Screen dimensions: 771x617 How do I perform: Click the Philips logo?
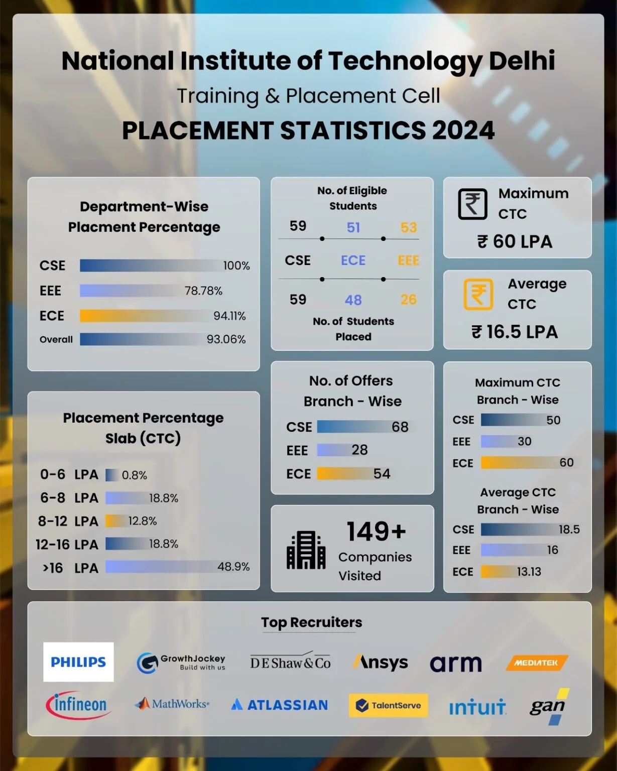tap(78, 662)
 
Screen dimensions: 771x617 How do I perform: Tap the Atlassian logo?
tap(280, 705)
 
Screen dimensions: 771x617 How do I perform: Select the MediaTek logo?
tap(537, 663)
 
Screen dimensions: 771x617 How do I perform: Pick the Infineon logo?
tap(78, 705)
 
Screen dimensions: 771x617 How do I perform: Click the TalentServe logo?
tap(388, 705)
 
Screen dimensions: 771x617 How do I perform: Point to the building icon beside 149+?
tap(306, 550)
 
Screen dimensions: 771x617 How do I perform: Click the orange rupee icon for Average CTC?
tap(478, 294)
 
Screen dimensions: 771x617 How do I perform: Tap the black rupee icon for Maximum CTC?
tap(472, 204)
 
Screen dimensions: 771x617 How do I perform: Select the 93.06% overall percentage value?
tap(226, 339)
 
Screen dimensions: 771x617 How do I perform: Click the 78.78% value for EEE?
tap(203, 291)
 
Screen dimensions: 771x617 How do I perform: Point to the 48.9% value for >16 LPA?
tap(233, 567)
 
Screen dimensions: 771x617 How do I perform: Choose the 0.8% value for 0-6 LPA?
tap(135, 475)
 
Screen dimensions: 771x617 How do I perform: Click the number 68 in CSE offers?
tap(400, 427)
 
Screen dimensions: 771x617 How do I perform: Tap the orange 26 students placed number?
tap(408, 300)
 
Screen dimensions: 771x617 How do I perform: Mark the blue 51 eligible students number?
tap(353, 227)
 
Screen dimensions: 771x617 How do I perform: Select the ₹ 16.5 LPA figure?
tap(515, 332)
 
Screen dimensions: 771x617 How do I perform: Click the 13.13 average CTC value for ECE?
tap(529, 571)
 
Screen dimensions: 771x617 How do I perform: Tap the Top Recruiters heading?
tap(311, 622)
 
